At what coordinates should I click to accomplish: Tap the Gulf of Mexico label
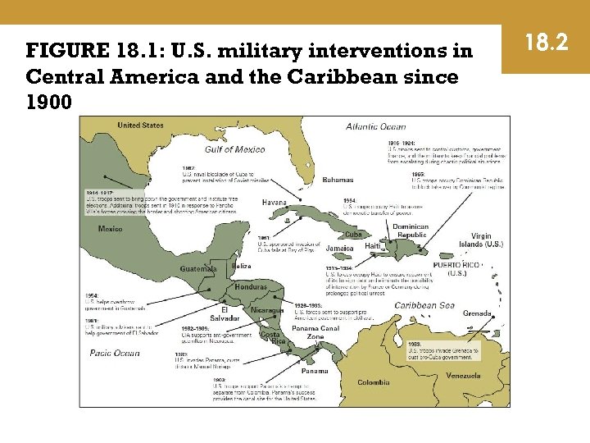coord(234,149)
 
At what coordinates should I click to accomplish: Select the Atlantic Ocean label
coord(375,126)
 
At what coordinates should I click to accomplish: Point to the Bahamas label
coord(338,179)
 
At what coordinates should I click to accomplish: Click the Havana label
coord(274,202)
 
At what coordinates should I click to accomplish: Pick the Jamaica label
coord(339,248)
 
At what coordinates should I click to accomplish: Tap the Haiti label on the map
coord(373,245)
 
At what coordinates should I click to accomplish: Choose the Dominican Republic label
coord(411,231)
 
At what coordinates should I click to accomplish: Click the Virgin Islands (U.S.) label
coord(481,240)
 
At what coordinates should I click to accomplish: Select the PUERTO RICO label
coord(457,267)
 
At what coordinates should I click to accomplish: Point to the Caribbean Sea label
coord(424,305)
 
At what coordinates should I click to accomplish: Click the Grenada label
coord(477,313)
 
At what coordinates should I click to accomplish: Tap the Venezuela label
coord(463,376)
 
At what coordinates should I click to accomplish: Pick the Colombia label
coord(374,382)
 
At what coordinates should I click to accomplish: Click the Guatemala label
coord(198,268)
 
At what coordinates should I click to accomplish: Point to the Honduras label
coord(250,287)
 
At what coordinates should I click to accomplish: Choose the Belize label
coord(241,266)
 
